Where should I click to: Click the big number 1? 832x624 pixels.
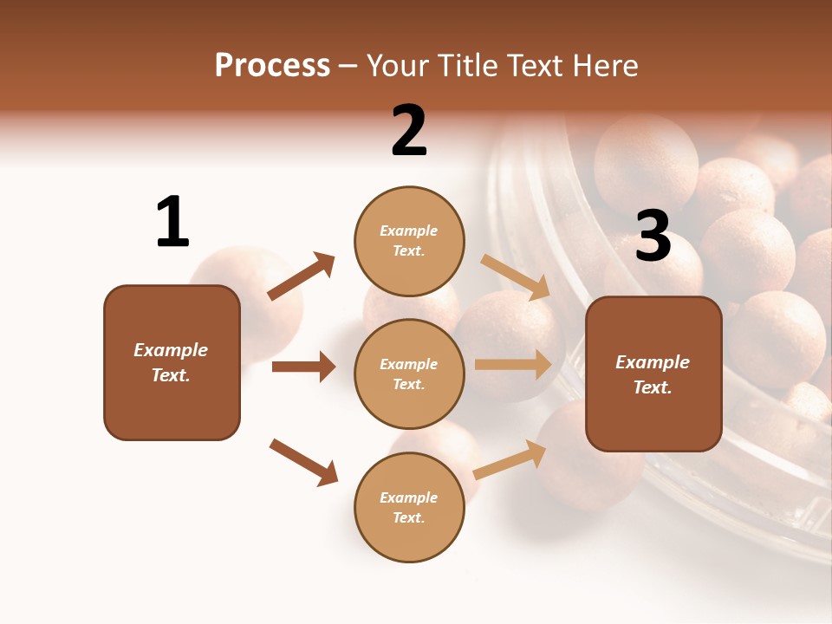pos(172,222)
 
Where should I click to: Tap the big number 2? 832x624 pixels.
pos(409,131)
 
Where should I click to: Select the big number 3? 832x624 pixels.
pos(653,237)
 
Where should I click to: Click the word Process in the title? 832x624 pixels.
pos(272,65)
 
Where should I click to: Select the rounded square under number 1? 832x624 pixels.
pos(172,362)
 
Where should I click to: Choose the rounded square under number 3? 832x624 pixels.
pos(653,374)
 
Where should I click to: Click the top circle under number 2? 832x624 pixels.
pos(409,241)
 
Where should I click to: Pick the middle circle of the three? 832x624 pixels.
pos(409,374)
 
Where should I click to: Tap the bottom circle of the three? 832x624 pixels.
pos(409,507)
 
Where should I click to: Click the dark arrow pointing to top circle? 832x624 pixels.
pos(301,276)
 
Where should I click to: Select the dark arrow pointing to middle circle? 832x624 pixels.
pos(303,367)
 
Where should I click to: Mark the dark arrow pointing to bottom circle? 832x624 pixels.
pos(303,462)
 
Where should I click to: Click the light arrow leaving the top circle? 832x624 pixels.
pos(516,277)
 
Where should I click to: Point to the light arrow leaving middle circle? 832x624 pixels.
pos(513,365)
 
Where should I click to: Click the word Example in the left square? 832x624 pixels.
pos(171,350)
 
